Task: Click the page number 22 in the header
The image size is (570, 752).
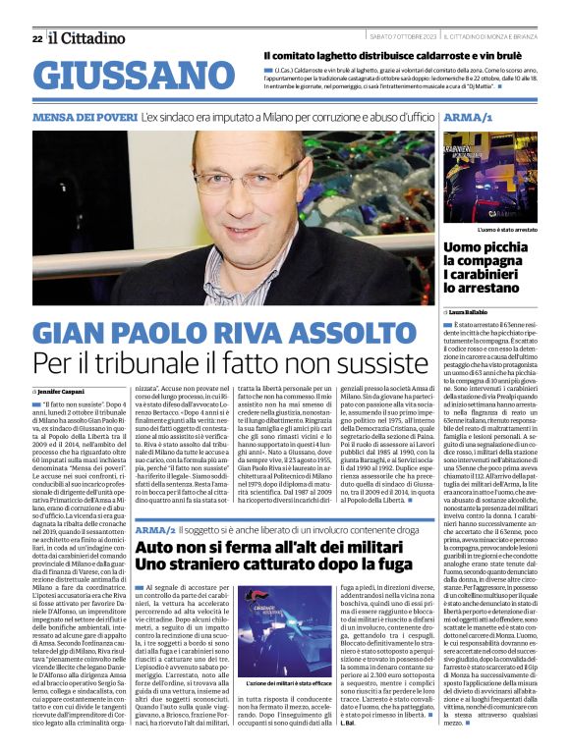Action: [x=36, y=38]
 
